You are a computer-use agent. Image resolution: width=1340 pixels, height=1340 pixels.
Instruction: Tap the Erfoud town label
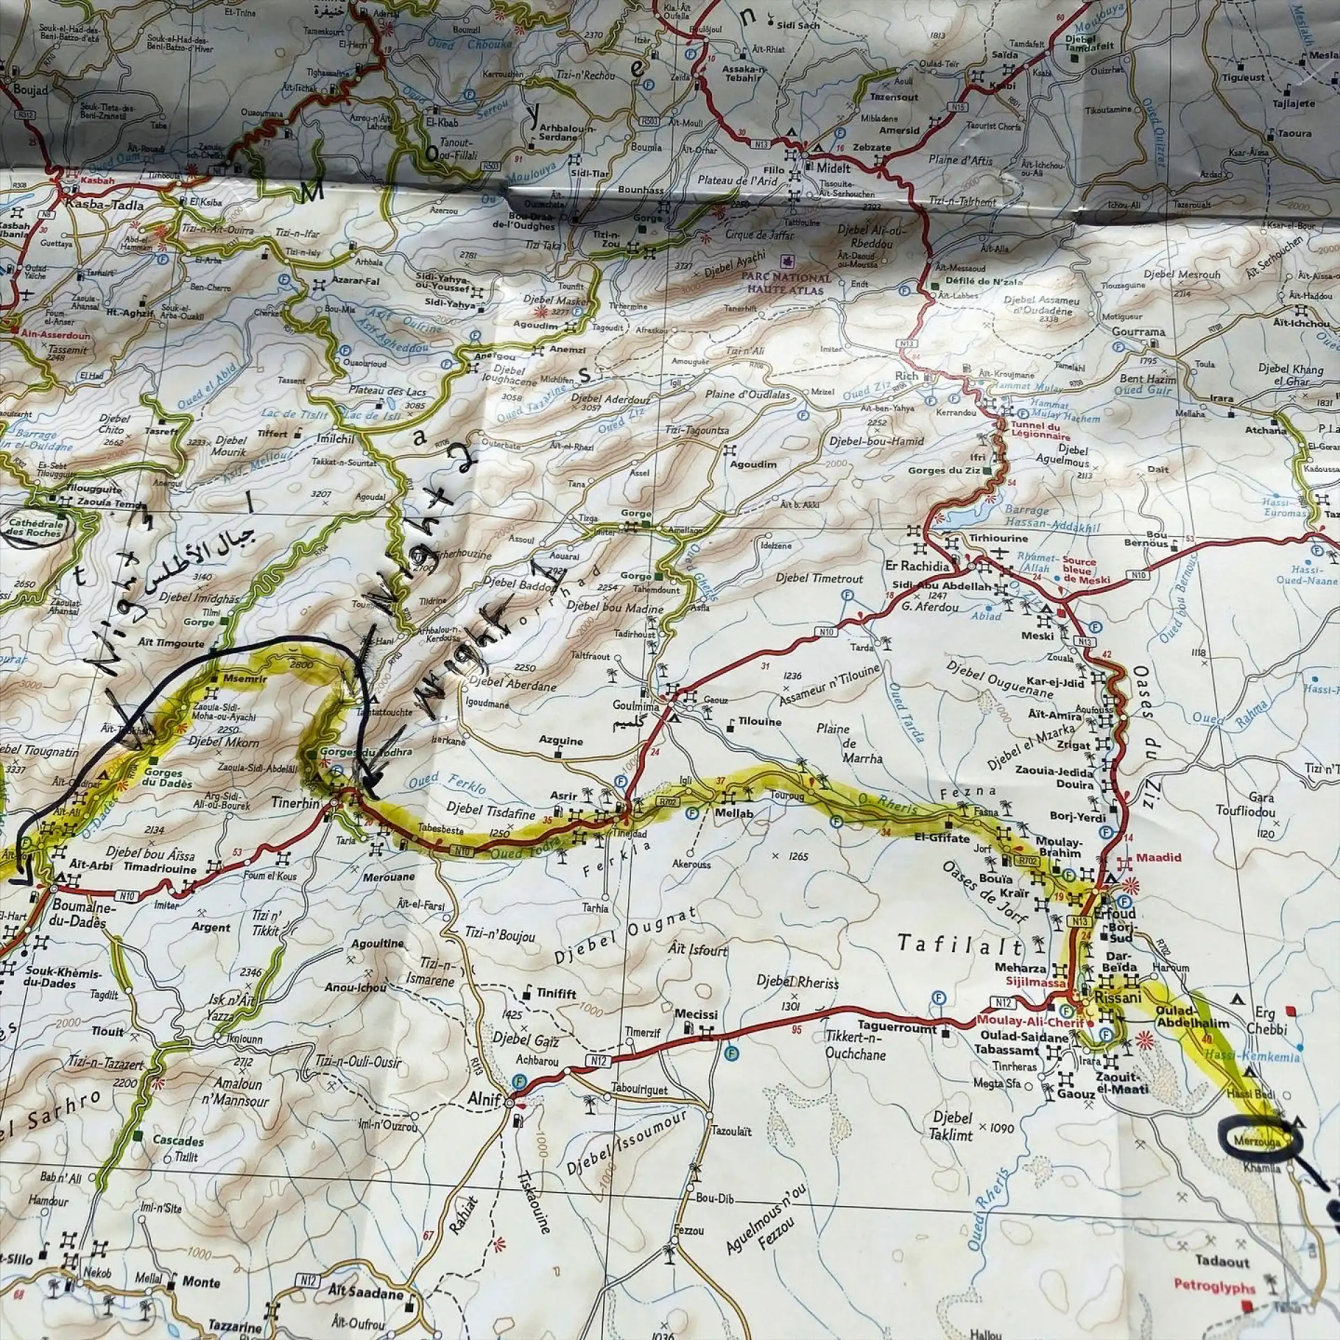(1115, 913)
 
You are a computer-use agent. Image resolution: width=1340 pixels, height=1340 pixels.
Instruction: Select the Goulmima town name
(636, 706)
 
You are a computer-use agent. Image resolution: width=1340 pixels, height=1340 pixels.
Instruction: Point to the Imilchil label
(336, 439)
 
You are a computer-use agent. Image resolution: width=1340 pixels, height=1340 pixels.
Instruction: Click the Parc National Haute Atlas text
(786, 282)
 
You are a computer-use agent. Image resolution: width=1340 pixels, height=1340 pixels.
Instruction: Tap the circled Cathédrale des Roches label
(35, 528)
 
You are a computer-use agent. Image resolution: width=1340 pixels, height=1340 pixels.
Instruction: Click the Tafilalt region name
(961, 946)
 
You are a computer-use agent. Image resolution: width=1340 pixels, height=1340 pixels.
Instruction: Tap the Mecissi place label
(696, 1013)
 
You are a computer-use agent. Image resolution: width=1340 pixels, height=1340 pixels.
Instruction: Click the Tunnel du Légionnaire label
(1036, 431)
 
